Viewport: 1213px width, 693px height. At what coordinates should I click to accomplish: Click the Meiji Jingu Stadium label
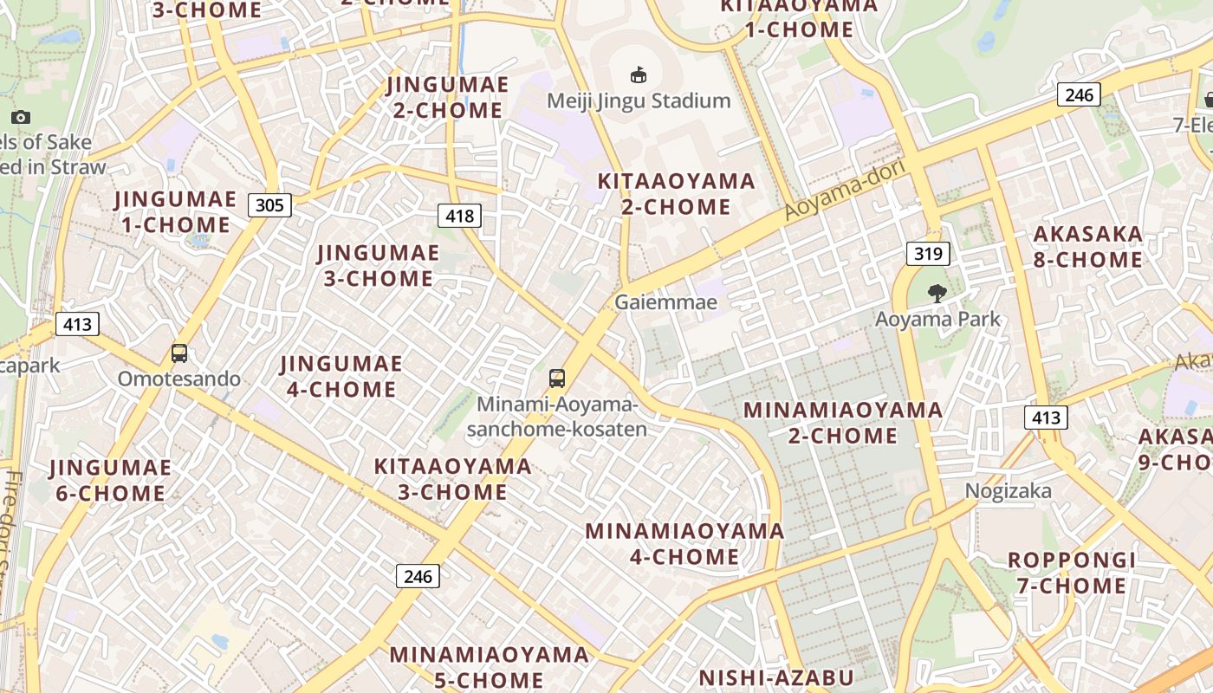tap(639, 100)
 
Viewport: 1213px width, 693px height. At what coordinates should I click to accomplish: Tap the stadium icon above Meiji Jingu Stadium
tap(639, 75)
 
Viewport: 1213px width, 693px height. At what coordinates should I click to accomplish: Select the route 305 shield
tap(269, 205)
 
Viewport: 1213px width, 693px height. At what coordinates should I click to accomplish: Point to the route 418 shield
tap(459, 216)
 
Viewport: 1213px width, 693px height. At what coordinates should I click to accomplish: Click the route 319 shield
tap(929, 254)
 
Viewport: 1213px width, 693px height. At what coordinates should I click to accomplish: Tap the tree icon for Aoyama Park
tap(937, 294)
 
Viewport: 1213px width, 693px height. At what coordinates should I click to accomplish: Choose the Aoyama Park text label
tap(937, 319)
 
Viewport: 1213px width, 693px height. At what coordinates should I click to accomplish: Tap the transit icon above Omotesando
tap(179, 353)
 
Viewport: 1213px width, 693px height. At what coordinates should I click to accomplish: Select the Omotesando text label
tap(179, 379)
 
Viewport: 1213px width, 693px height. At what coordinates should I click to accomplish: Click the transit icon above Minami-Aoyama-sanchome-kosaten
tap(557, 379)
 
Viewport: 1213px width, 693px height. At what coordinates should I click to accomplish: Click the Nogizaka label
tap(1009, 491)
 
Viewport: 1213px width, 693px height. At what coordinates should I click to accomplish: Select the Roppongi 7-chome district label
tap(1071, 573)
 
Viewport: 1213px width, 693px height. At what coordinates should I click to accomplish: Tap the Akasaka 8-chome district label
tap(1087, 247)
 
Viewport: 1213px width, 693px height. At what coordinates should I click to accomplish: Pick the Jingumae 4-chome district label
tap(341, 376)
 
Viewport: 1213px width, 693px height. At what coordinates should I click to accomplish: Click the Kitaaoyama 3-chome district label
tap(452, 479)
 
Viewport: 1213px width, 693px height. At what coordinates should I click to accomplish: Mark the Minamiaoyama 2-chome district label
tap(842, 422)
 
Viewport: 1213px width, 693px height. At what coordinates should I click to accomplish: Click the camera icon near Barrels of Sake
tap(21, 117)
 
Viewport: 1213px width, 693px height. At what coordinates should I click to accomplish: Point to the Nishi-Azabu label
tap(776, 677)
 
